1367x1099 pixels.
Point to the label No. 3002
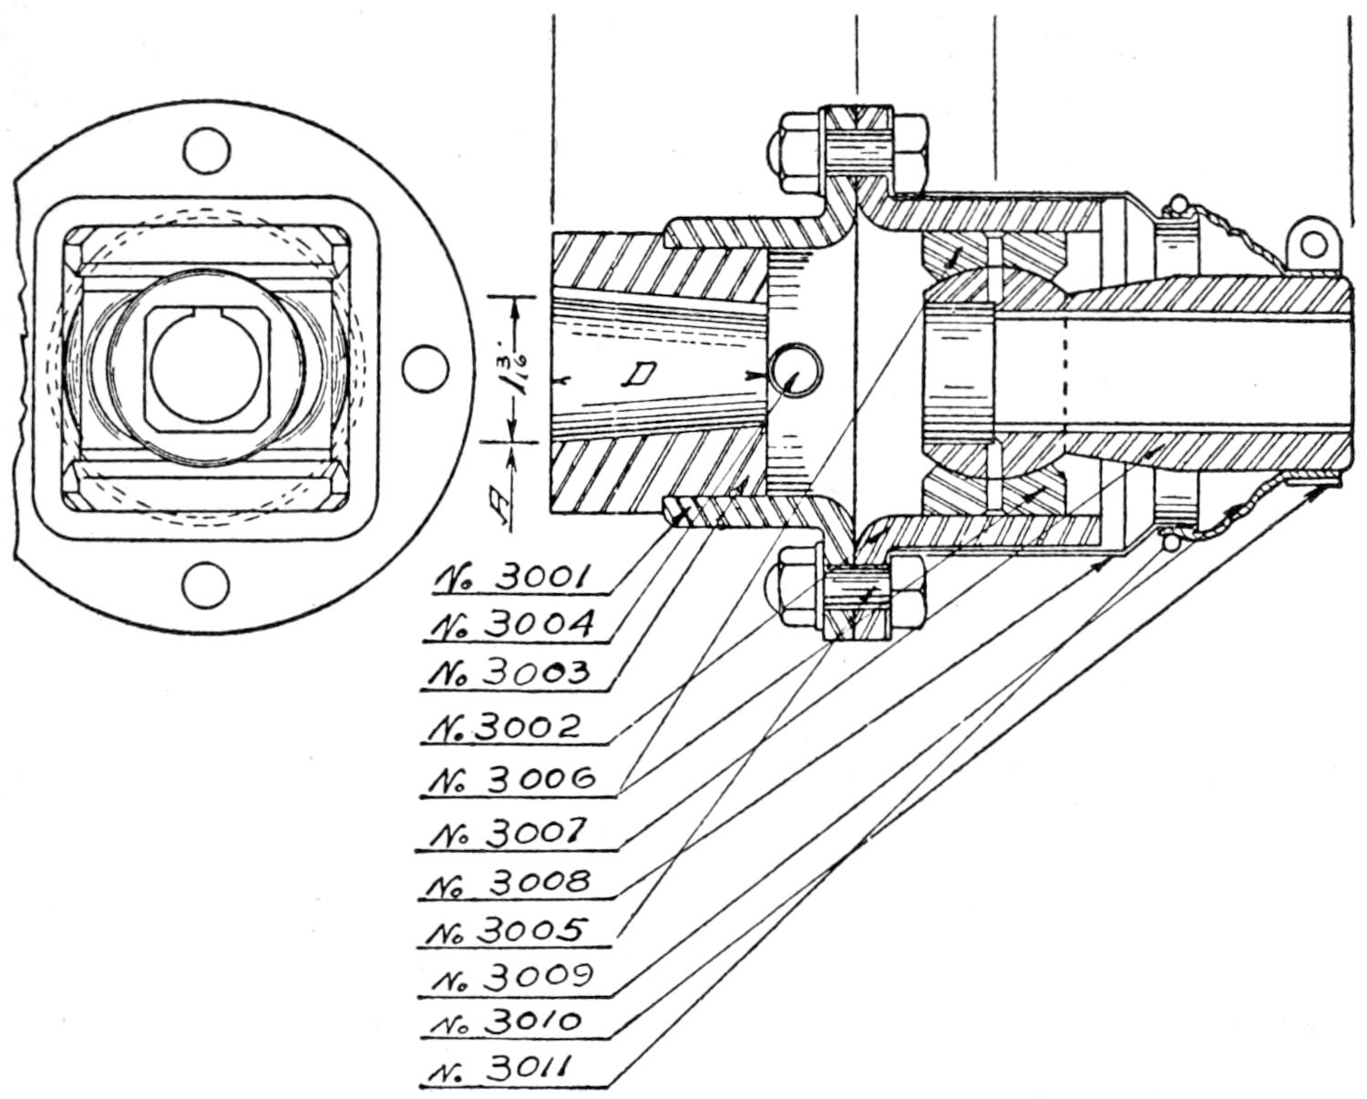[x=517, y=726]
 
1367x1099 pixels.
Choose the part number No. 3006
[x=517, y=779]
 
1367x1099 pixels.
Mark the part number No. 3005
[x=517, y=930]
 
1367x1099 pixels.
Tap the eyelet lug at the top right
[x=1312, y=243]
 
